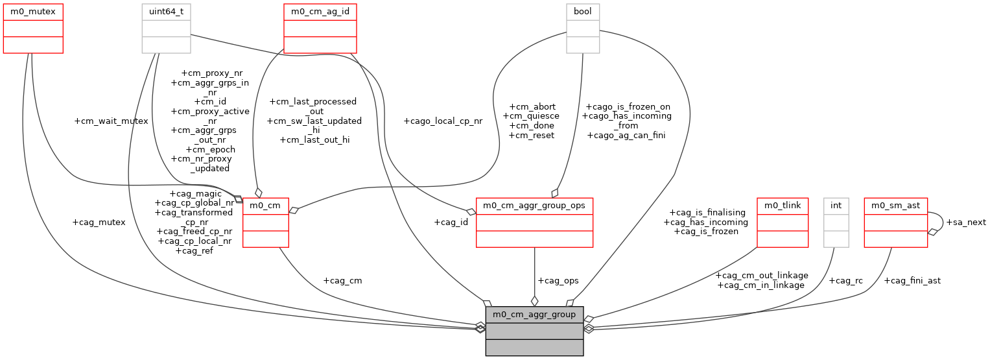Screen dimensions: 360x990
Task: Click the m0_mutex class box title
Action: click(x=33, y=12)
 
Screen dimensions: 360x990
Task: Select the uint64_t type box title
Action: click(x=167, y=12)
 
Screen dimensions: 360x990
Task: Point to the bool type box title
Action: click(x=583, y=12)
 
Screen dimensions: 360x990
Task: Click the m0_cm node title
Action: click(x=266, y=206)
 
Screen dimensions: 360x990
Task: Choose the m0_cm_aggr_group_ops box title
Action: click(x=534, y=206)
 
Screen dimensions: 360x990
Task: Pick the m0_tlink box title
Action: click(x=783, y=206)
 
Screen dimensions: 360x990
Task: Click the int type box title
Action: click(x=836, y=206)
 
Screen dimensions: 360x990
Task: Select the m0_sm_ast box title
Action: click(x=896, y=206)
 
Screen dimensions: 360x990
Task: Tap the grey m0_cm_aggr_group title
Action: click(x=534, y=315)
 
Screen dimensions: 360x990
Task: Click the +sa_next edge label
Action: click(x=966, y=222)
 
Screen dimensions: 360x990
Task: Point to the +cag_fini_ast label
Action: click(x=912, y=280)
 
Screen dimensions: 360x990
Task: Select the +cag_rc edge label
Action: click(x=846, y=280)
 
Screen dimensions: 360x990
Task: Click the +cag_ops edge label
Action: click(x=558, y=280)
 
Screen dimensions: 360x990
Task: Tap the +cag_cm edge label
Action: click(x=342, y=280)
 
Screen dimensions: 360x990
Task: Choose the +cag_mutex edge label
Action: click(x=99, y=222)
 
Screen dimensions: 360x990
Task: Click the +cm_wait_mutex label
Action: click(x=112, y=121)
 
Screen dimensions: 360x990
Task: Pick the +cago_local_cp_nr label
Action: click(x=443, y=121)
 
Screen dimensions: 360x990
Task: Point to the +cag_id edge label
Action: click(x=451, y=222)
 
